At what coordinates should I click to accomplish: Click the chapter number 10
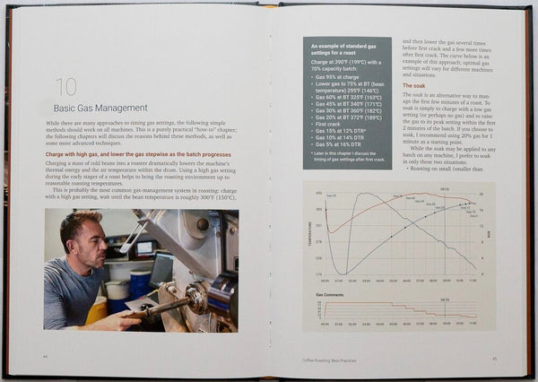[65, 88]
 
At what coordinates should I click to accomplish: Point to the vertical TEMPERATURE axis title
[307, 232]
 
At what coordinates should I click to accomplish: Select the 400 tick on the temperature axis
[317, 192]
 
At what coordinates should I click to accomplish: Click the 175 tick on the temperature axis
[317, 273]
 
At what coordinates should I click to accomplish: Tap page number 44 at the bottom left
[46, 357]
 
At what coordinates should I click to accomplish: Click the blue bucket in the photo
[141, 286]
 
